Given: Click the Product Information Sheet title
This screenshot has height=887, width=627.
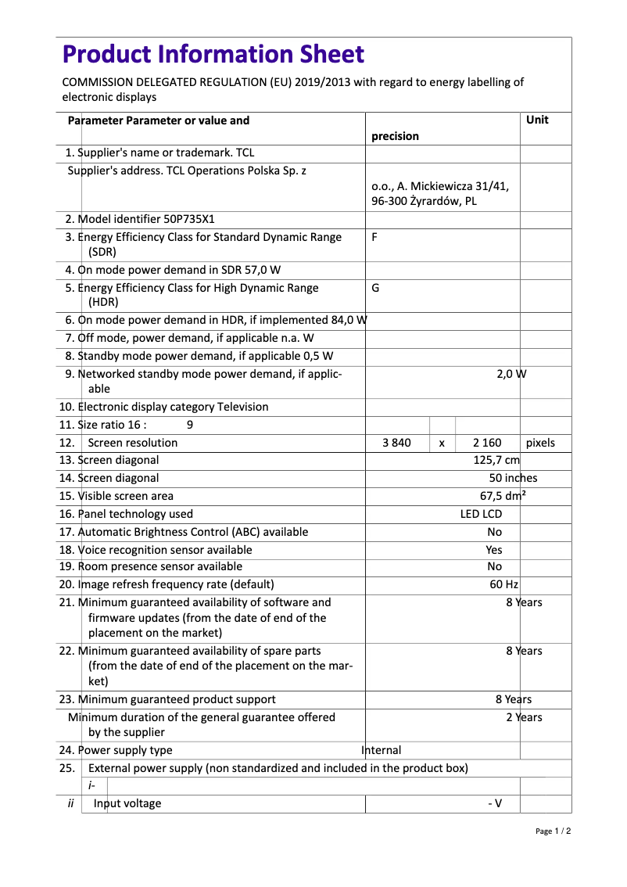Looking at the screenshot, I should [x=213, y=54].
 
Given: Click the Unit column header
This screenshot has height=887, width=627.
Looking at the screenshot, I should [x=537, y=120].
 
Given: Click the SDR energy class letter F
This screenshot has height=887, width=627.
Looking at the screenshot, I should [x=374, y=237].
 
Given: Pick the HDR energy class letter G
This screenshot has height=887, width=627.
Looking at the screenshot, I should [x=375, y=288].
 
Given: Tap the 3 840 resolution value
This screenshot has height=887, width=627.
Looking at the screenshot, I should [x=396, y=443].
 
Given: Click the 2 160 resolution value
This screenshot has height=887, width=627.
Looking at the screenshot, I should [x=487, y=443].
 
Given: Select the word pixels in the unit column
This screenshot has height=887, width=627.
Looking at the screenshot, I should [x=540, y=443].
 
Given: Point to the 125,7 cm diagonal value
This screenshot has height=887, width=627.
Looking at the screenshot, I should [x=496, y=460].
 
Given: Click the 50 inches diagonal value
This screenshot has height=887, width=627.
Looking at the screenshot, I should [x=513, y=478].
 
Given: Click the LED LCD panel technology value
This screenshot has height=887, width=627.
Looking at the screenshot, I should [x=481, y=514].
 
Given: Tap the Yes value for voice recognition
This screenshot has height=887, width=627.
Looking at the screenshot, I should [x=494, y=550].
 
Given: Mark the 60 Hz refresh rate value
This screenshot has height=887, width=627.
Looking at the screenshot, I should [x=503, y=584].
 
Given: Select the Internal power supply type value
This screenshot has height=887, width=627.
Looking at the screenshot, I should [x=382, y=750].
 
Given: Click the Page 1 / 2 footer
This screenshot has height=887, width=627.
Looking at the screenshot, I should [x=553, y=831].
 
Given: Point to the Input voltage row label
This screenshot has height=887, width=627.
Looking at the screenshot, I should [x=127, y=803].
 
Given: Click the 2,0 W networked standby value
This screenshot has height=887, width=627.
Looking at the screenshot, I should [x=511, y=373].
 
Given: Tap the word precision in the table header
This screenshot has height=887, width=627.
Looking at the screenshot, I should [x=395, y=136].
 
